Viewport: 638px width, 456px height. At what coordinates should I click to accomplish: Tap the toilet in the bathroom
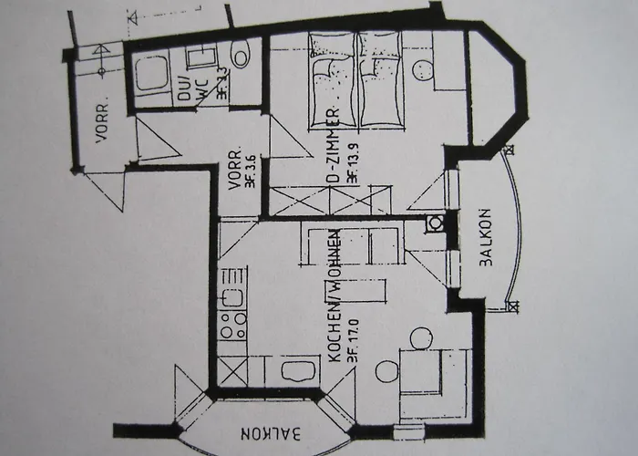[x=241, y=57]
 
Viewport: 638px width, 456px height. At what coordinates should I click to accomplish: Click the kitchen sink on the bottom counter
[x=293, y=370]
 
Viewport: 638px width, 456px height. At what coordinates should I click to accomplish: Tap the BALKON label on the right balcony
[x=485, y=245]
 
